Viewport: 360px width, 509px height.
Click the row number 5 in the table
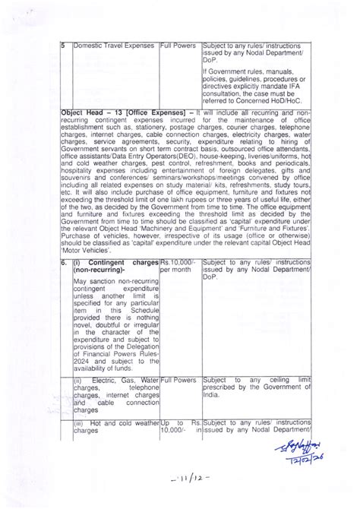[65, 46]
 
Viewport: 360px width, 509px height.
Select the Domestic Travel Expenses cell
[113, 46]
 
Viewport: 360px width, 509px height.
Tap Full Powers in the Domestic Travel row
[179, 46]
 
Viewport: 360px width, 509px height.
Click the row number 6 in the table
[65, 263]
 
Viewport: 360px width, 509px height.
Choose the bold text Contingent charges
[121, 263]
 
